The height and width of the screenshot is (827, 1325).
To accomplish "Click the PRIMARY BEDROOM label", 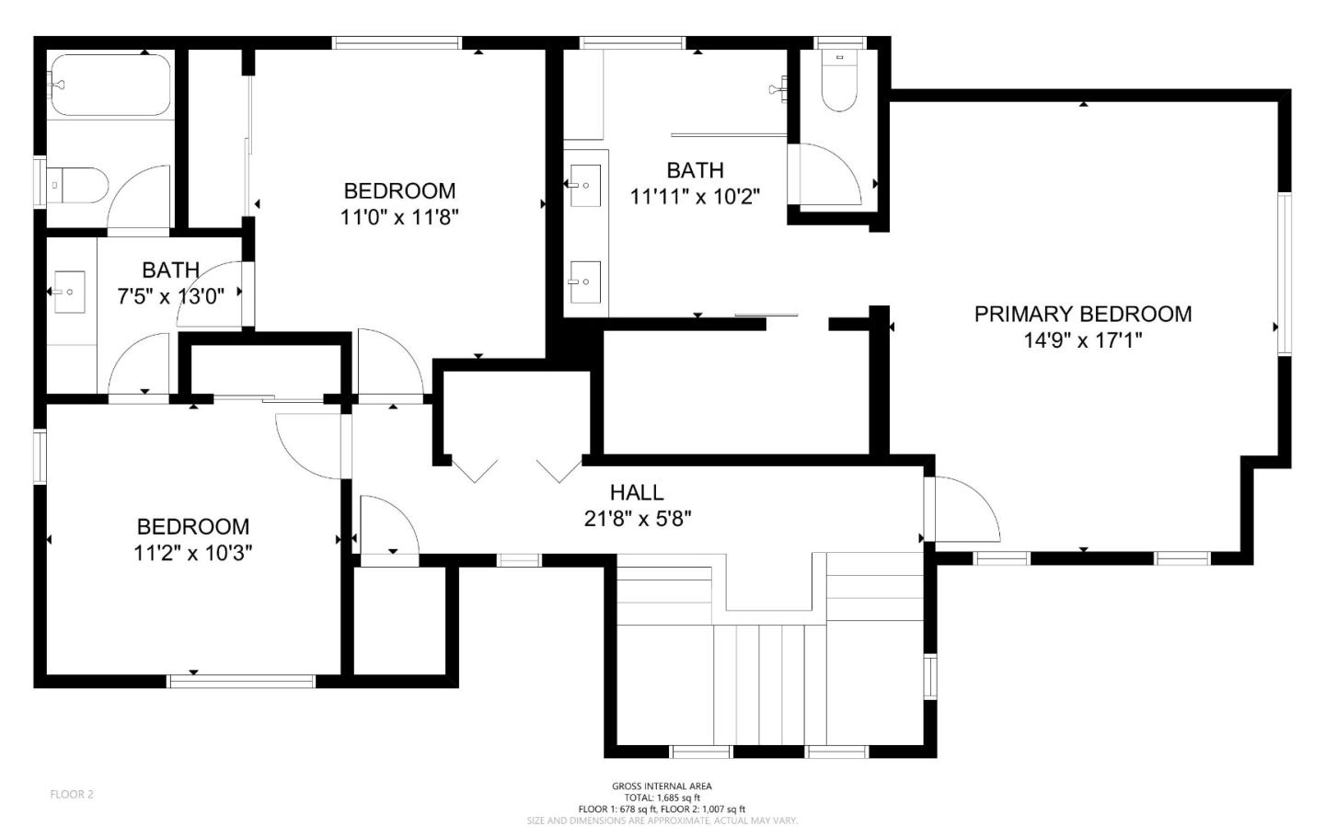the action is click(1083, 314).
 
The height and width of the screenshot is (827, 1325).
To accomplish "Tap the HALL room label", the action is click(637, 492).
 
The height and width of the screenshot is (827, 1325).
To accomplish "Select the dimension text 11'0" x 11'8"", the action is click(399, 218).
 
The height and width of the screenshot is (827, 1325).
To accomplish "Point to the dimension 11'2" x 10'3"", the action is click(193, 553).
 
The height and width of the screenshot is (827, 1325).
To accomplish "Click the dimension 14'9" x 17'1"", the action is click(1082, 340).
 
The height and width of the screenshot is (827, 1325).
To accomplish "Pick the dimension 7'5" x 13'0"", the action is click(171, 296).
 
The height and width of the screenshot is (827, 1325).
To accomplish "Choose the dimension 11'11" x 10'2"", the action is click(695, 196).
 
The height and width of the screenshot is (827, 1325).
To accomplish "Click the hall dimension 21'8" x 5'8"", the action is click(638, 519).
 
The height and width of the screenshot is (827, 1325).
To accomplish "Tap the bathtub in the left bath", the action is click(110, 86).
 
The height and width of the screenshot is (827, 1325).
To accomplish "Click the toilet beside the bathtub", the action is click(77, 185).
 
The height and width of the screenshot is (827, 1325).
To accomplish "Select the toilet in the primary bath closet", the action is click(839, 80).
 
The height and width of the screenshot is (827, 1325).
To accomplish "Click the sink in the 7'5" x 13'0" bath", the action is click(69, 292).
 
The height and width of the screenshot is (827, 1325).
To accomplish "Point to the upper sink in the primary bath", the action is click(585, 185).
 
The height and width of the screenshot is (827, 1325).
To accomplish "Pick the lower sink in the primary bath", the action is click(585, 281).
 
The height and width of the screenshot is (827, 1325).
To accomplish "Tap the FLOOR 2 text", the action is click(72, 795).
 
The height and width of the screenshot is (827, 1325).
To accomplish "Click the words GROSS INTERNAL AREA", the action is click(662, 787).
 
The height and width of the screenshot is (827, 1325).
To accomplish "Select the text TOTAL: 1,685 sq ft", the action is click(662, 798).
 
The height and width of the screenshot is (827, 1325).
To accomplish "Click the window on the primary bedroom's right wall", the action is click(1285, 273).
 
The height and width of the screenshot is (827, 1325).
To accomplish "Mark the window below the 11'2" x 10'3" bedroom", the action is click(241, 682).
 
